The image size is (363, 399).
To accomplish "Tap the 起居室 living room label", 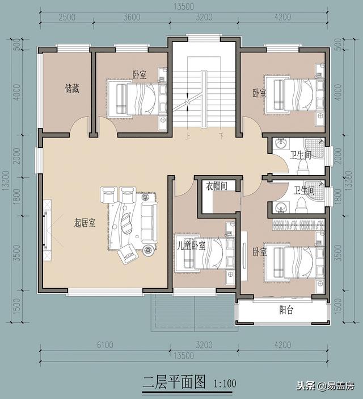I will [85, 223].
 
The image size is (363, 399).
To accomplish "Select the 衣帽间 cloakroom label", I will [217, 186].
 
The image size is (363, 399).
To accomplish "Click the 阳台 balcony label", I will [286, 310].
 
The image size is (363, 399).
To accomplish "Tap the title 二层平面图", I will [175, 381].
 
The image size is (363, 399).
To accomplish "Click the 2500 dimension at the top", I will [67, 18].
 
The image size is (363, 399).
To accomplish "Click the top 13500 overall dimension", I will [184, 6].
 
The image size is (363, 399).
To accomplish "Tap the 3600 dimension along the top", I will [131, 18].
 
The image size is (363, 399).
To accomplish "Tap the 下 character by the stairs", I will [221, 136].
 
